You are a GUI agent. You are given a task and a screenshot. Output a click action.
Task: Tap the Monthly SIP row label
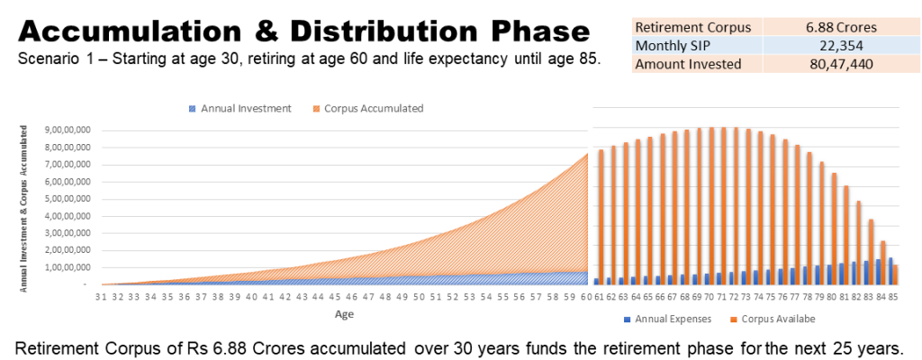point(673,45)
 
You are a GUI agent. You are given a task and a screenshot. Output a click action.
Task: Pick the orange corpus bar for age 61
point(601,217)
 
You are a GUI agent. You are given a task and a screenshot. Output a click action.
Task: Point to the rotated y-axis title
point(23,208)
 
